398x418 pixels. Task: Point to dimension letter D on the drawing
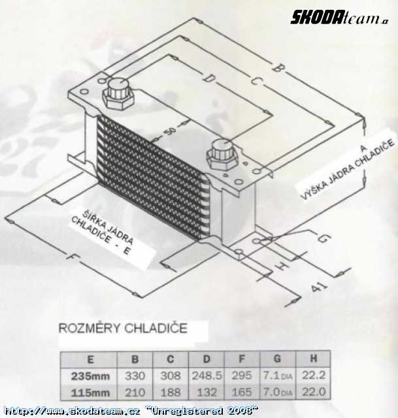pos(208,79)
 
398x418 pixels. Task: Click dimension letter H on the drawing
pos(282,266)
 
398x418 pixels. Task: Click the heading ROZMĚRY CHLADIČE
pos(123,328)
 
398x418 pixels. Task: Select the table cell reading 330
pos(134,376)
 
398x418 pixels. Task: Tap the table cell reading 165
pos(242,392)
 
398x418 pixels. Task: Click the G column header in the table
pos(278,359)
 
